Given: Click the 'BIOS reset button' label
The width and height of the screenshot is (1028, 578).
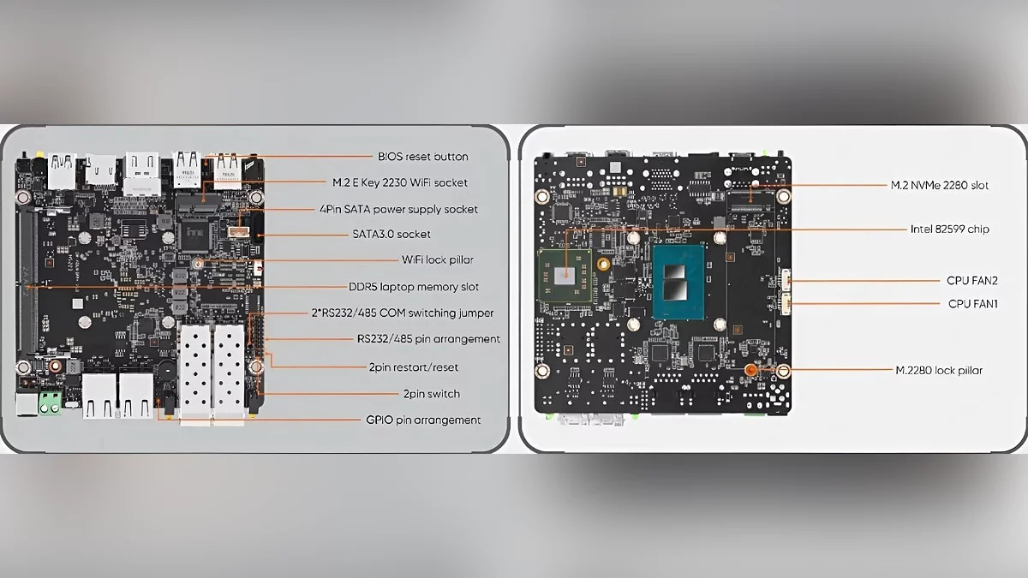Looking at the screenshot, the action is pos(422,157).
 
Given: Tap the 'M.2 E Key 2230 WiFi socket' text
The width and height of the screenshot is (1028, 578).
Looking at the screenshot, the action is pos(400,182).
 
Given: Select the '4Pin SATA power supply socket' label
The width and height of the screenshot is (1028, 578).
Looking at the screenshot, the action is pos(398,209).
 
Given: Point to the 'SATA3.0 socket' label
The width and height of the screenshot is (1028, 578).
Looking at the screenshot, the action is pos(391,234).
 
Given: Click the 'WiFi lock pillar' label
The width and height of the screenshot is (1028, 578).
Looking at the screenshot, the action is pos(438,259).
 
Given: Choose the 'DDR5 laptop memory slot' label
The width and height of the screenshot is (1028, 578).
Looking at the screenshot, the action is pos(414,287).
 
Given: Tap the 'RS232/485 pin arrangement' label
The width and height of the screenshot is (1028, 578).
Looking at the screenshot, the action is pos(428,339).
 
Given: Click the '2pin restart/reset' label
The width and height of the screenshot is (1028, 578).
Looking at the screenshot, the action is pos(414,367).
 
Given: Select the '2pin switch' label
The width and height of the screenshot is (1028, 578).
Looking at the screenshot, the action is pos(432,394).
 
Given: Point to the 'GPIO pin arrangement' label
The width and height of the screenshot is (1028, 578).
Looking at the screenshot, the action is pos(423,420).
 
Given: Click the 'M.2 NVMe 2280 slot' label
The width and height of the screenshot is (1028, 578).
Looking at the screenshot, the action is pos(940,185).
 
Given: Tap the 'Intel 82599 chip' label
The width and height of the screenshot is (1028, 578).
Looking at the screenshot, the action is pos(949,229).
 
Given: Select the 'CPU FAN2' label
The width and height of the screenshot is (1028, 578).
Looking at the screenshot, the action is pos(972,280).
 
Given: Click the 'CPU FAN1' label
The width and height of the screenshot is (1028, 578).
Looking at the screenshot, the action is pos(973,304).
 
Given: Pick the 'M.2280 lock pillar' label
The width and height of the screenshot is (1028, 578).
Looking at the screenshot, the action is pos(939,370).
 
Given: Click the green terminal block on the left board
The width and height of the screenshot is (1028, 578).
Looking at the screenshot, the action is pos(51,402).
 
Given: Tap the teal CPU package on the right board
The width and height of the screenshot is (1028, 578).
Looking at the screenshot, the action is pos(678,282).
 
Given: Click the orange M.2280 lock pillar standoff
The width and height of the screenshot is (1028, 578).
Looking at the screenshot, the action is pos(750,370).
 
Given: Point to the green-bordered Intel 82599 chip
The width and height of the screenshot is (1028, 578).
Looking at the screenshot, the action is pos(565,276).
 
